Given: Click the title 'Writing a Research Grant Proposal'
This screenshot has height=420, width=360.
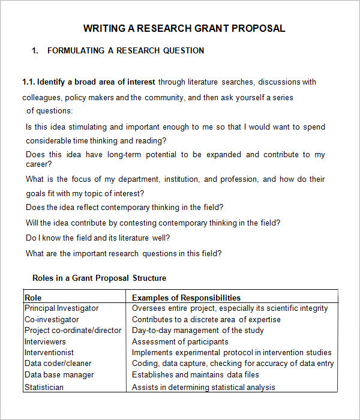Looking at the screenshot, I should point(184,28).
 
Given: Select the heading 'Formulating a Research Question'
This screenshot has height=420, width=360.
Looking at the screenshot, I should point(125,51).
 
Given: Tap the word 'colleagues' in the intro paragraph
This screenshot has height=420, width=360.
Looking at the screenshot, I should point(41,97).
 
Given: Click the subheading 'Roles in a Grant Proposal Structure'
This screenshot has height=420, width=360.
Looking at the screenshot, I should point(99,278).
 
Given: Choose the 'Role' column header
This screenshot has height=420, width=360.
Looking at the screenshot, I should point(33,297).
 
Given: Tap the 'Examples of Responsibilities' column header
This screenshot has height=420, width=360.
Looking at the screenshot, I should point(186,297).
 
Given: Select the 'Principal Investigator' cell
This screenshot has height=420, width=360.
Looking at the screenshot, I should point(62,308).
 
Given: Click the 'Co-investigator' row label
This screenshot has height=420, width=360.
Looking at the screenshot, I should point(52,319).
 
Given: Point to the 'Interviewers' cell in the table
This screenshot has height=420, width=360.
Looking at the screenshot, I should point(45,341).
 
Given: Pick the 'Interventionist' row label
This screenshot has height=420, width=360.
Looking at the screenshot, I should point(49,353).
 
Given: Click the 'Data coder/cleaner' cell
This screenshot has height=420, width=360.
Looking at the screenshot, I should point(58,364).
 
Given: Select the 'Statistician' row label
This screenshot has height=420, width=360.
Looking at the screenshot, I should point(44,387).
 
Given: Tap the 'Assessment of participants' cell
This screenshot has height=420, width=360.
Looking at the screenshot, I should point(180,341).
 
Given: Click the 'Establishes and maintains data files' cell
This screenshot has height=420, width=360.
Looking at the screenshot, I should point(196,375).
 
